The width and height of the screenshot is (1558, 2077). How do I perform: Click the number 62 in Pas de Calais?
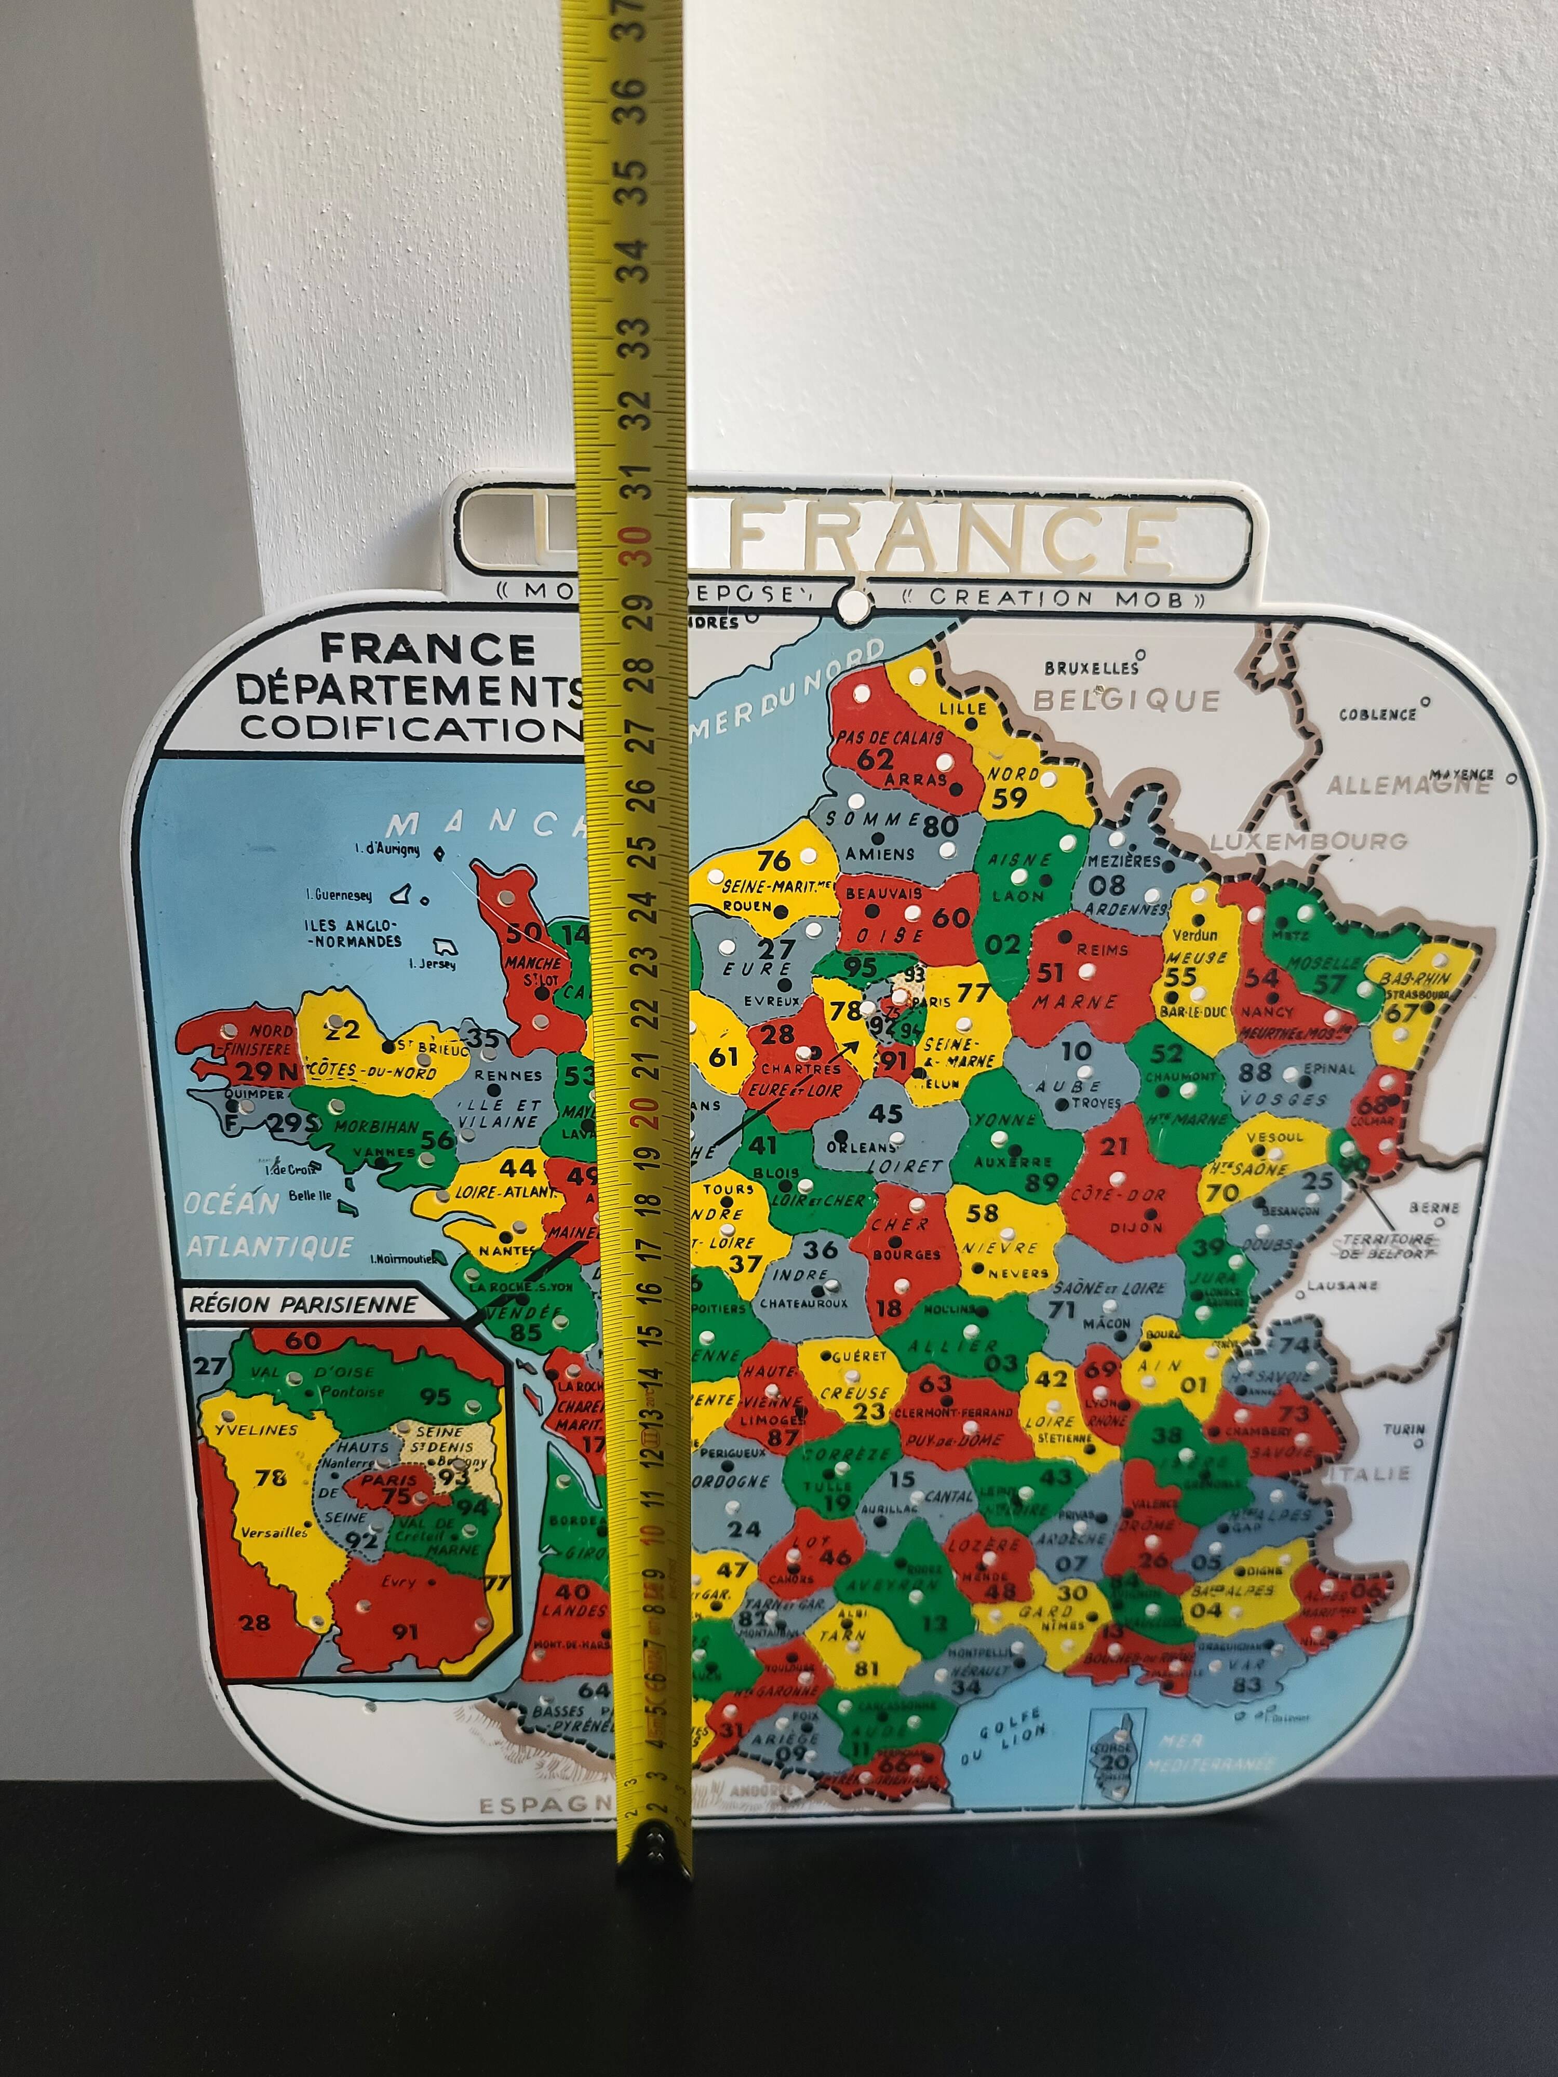click(875, 759)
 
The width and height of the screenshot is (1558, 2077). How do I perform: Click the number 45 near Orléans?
click(884, 1114)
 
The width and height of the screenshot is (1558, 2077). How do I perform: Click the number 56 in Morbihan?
click(438, 1138)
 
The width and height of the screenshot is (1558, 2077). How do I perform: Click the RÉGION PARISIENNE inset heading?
click(302, 1304)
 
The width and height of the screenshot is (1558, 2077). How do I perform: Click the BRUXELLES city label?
click(1091, 668)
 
